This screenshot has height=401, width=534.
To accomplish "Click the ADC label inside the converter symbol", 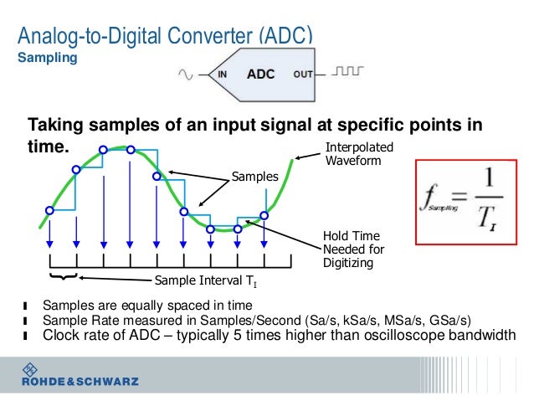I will (260, 74).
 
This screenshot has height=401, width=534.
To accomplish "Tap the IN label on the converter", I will (223, 75).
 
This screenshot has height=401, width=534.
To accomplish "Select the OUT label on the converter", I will (302, 75).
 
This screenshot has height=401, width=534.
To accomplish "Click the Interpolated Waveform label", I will (352, 154).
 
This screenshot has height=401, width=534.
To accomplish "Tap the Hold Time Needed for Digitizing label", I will (353, 249).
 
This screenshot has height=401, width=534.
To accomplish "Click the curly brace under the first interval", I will (64, 275).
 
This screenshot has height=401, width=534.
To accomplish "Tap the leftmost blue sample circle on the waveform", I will (49, 210).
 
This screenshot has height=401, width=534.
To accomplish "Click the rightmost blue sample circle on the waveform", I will (264, 215).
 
